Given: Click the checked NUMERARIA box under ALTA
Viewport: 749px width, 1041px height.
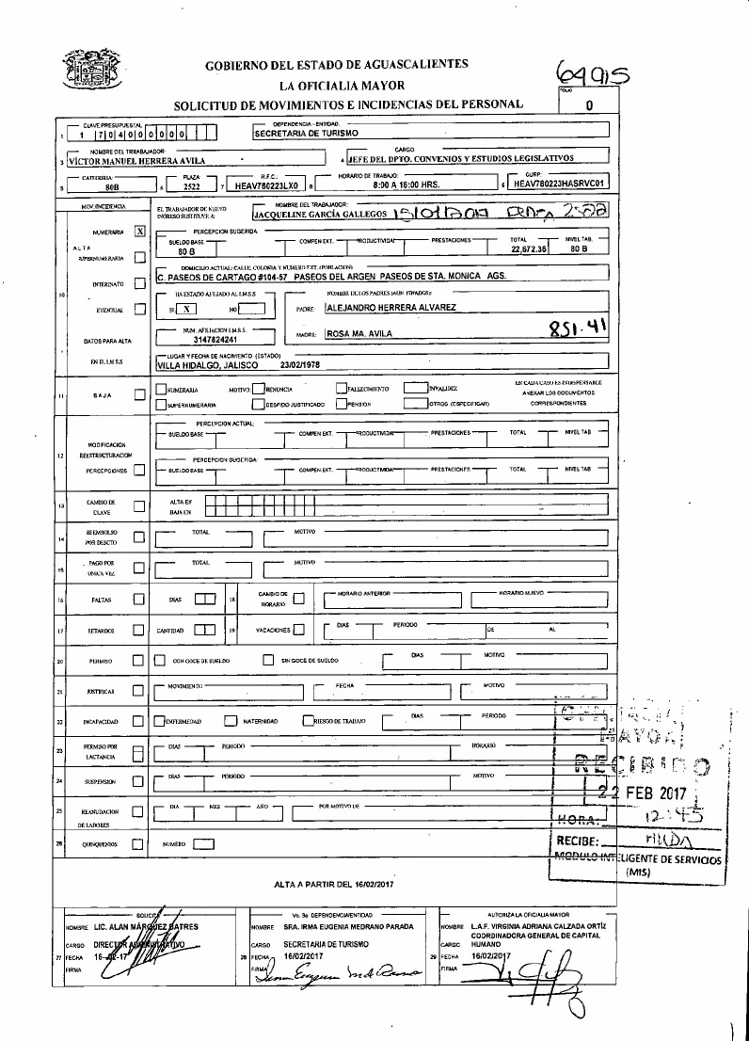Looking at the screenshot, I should [139, 231].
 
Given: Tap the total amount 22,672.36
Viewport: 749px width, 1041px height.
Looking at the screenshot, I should [529, 250].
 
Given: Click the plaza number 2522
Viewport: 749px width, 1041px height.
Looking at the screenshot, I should [191, 186].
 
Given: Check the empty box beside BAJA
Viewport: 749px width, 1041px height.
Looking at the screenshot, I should [139, 395].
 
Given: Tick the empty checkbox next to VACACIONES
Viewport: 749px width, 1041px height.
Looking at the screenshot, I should [298, 630].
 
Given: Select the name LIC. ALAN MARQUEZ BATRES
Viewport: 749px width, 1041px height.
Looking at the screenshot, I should [157, 927].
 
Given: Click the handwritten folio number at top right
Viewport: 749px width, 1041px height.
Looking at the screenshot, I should [592, 72].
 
